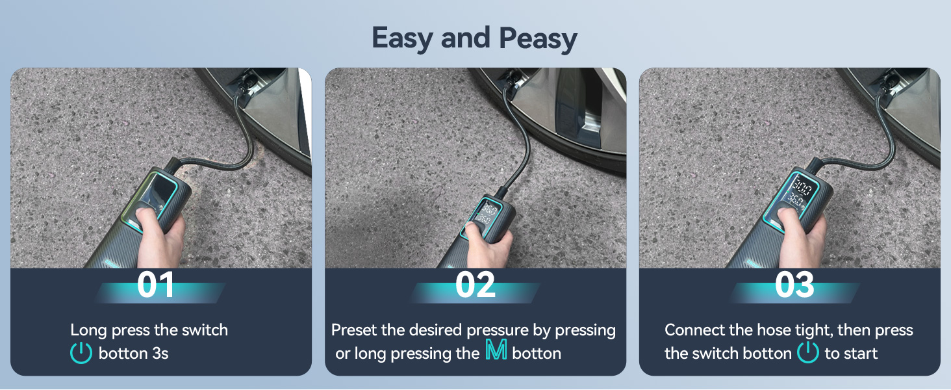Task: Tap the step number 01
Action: point(156,285)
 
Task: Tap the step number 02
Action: point(475,285)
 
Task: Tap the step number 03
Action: point(794,285)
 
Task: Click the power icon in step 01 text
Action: point(81,353)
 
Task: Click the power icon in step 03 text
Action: point(807,353)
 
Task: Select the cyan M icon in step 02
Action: point(496,353)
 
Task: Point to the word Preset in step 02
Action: point(354,330)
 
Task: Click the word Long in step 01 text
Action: point(89,330)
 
